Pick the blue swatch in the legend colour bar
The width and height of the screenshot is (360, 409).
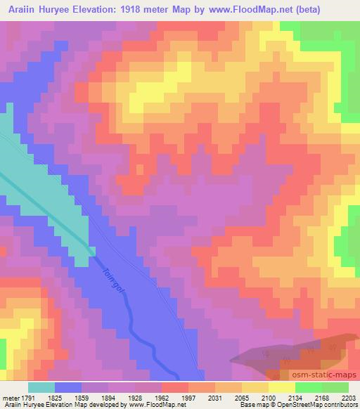click(67, 387)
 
